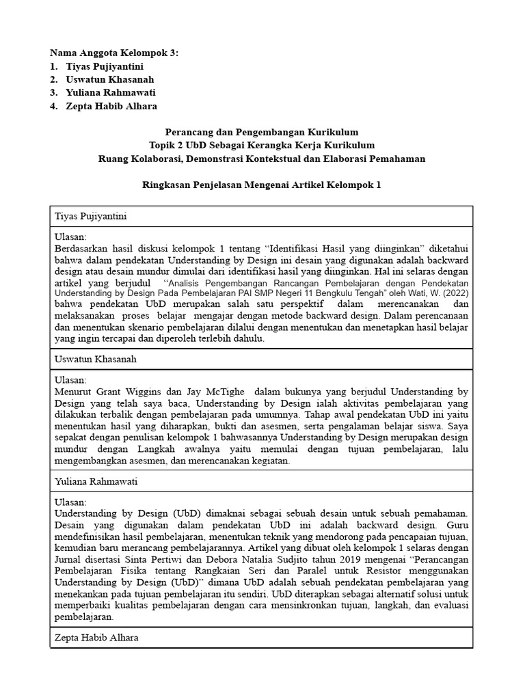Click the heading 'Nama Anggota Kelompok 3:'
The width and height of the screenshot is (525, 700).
[x=114, y=53]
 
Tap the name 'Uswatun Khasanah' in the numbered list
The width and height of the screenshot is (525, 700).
[x=109, y=79]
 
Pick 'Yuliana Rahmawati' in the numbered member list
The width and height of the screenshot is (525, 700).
[x=111, y=92]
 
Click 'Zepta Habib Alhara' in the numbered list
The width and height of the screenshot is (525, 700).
[x=111, y=106]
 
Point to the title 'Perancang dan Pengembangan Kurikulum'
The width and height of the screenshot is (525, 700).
[x=262, y=132]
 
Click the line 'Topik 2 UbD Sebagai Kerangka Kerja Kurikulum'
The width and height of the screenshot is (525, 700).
[x=262, y=145]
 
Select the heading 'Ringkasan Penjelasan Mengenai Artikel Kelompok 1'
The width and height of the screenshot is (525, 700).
[x=262, y=185]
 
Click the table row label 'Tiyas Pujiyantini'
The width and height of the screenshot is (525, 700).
[x=90, y=217]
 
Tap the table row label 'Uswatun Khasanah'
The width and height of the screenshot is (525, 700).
[x=93, y=359]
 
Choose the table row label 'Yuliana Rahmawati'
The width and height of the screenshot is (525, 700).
[x=96, y=481]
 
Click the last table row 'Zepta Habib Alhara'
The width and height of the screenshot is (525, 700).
[x=96, y=637]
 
